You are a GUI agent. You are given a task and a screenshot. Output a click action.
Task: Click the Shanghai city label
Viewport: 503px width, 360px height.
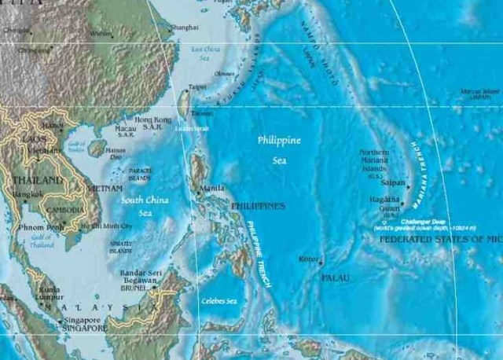pos(184,28)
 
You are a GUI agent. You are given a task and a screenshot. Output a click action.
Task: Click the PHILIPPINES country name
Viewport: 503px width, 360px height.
pos(259,206)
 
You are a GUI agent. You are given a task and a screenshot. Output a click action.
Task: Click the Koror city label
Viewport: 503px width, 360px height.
pos(309,259)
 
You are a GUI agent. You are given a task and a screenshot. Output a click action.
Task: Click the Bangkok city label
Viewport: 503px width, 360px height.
pos(27,194)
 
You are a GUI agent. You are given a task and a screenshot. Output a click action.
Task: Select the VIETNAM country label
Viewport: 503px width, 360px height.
pos(105,189)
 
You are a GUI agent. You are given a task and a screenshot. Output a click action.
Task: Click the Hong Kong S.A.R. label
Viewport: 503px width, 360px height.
pos(152,123)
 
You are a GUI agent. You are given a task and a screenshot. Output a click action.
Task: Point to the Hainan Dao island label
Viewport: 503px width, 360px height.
pos(116,153)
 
